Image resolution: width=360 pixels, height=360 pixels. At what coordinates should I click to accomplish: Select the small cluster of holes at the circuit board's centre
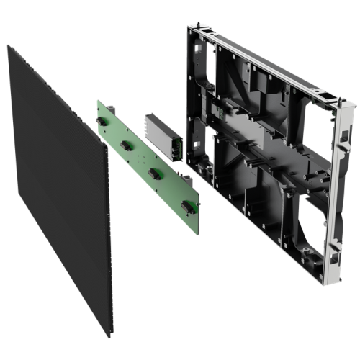[147, 154]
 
